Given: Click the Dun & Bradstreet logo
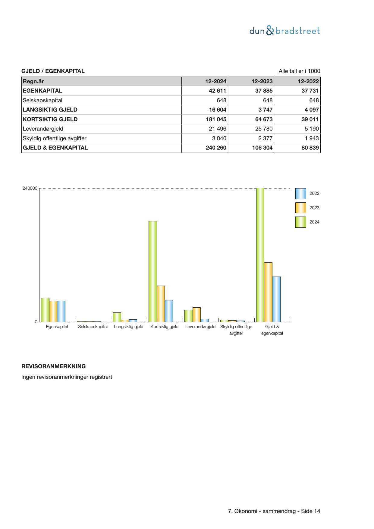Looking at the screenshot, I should point(284,31).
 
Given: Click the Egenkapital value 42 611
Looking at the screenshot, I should point(217,91).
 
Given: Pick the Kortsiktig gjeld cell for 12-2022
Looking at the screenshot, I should point(310,119).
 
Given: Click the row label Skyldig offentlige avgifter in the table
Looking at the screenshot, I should point(55,138).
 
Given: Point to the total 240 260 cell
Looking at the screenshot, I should point(216,148).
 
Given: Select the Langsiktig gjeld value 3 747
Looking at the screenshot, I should point(265,110).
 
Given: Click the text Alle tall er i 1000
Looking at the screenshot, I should point(299,71).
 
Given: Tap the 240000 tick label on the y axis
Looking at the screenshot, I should point(30,188).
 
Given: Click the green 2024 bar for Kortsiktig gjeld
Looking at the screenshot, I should point(153,271).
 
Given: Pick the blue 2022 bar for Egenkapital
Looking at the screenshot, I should point(61,311).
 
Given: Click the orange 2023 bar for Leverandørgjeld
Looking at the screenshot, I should point(196,315).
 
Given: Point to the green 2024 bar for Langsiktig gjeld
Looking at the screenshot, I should point(117,317).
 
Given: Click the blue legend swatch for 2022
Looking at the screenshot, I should point(300,194).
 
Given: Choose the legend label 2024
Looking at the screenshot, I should point(314,222).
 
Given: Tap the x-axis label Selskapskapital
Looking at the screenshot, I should point(93,327).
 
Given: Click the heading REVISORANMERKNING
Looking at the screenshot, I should point(53,366).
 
